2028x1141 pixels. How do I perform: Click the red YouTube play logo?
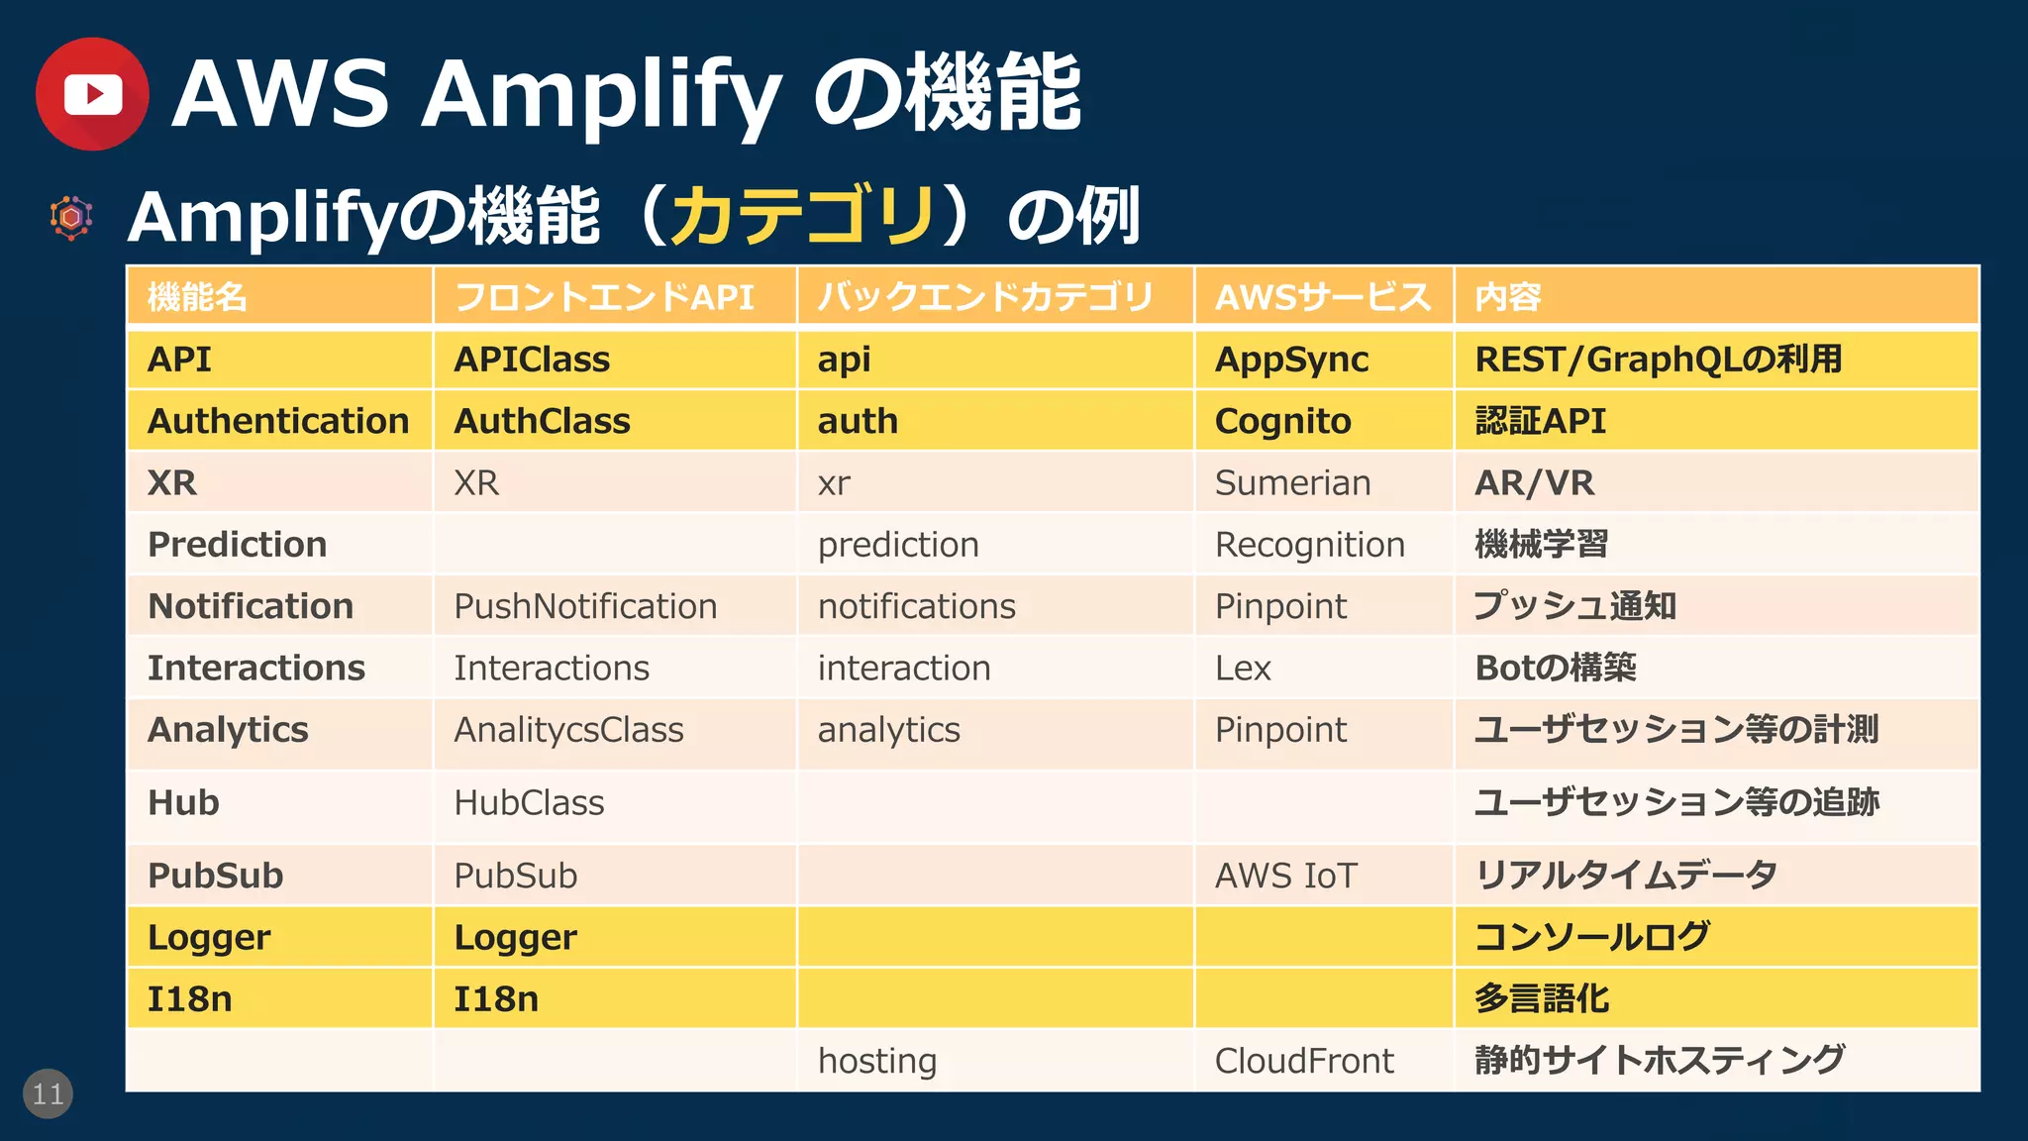[x=92, y=94]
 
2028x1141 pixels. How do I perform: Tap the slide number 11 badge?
[x=48, y=1093]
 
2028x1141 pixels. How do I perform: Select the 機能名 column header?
[x=197, y=297]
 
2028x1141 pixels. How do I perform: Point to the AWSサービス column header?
[x=1323, y=297]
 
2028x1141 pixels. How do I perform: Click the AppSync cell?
[x=1291, y=360]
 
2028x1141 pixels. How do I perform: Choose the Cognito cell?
[x=1282, y=421]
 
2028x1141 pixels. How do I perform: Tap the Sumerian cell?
[x=1292, y=483]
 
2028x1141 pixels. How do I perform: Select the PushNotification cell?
[x=584, y=606]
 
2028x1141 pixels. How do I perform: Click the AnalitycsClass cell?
[x=568, y=730]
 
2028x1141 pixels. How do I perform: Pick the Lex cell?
[x=1243, y=669]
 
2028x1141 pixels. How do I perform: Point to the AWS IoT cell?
[x=1285, y=876]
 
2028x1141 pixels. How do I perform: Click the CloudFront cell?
[x=1304, y=1061]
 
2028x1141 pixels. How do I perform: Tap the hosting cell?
[x=876, y=1061]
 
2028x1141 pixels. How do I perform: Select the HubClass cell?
[x=529, y=802]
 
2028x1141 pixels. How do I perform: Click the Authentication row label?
[x=278, y=421]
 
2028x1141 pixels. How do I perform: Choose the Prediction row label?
[x=237, y=545]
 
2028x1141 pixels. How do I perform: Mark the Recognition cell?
[x=1309, y=545]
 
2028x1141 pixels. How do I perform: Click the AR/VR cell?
[x=1534, y=483]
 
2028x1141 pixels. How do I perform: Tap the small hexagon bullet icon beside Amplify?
[x=71, y=217]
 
